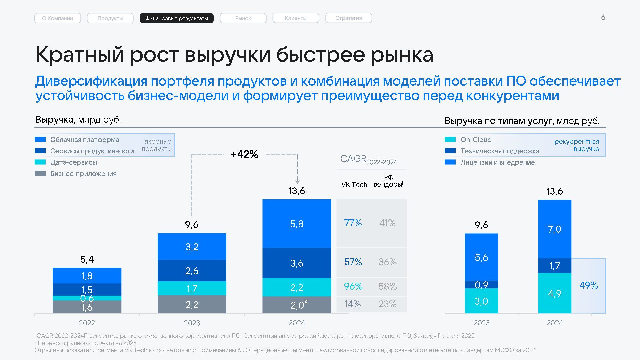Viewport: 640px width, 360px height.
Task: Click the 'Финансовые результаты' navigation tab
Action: tap(177, 18)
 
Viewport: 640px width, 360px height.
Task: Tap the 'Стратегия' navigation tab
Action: tap(348, 18)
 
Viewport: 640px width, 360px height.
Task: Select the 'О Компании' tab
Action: tap(57, 18)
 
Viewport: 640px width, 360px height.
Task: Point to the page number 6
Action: tap(603, 18)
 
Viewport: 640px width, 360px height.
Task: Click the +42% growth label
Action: tap(244, 154)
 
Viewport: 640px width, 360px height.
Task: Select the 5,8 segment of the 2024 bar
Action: tap(297, 224)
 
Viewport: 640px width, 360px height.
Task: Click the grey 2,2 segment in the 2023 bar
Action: tap(192, 304)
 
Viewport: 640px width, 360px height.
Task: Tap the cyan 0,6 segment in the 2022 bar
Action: tap(87, 298)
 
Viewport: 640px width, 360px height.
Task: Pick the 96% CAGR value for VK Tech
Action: tap(353, 286)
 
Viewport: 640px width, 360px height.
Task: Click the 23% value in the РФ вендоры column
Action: tap(387, 304)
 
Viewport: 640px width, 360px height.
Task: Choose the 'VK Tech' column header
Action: tap(354, 185)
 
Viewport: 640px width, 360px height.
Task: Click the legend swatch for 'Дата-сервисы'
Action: tap(40, 162)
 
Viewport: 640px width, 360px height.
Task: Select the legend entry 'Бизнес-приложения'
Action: tap(83, 174)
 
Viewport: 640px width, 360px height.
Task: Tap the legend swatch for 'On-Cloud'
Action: tap(450, 140)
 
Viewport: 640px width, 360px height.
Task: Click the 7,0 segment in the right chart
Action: tap(554, 229)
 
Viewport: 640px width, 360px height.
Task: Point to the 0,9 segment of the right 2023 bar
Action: tap(481, 285)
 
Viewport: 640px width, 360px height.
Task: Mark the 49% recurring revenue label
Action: tap(588, 285)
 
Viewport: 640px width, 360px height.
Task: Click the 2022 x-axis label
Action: tap(87, 323)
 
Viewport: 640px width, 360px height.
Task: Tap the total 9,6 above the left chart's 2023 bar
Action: tap(192, 225)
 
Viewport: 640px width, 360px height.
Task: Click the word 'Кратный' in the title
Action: tap(80, 55)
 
